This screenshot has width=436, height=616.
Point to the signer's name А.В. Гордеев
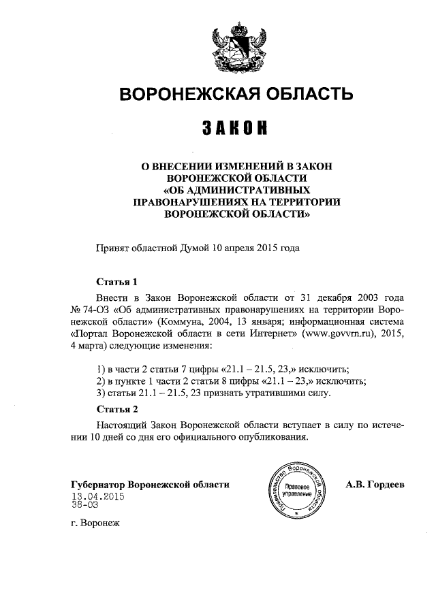click(x=375, y=485)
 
